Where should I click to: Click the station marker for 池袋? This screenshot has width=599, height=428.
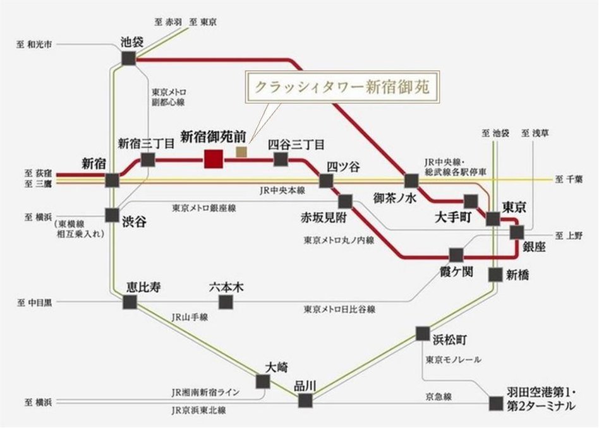(129, 58)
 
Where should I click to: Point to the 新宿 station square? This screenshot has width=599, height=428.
(112, 181)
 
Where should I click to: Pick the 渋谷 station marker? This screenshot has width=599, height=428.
(112, 214)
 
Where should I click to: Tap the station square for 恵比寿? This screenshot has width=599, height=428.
(130, 302)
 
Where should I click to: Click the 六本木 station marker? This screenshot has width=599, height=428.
(226, 301)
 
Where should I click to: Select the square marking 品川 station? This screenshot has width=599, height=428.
(305, 400)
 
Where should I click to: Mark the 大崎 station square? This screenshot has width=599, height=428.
(263, 381)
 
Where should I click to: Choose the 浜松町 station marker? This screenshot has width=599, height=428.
(423, 333)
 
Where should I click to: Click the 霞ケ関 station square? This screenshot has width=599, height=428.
(456, 255)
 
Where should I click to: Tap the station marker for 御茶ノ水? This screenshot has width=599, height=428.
(412, 181)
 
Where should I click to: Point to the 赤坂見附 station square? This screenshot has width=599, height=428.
(345, 201)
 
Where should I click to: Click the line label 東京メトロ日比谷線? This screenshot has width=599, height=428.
(339, 309)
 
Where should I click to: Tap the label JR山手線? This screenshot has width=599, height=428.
(190, 318)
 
